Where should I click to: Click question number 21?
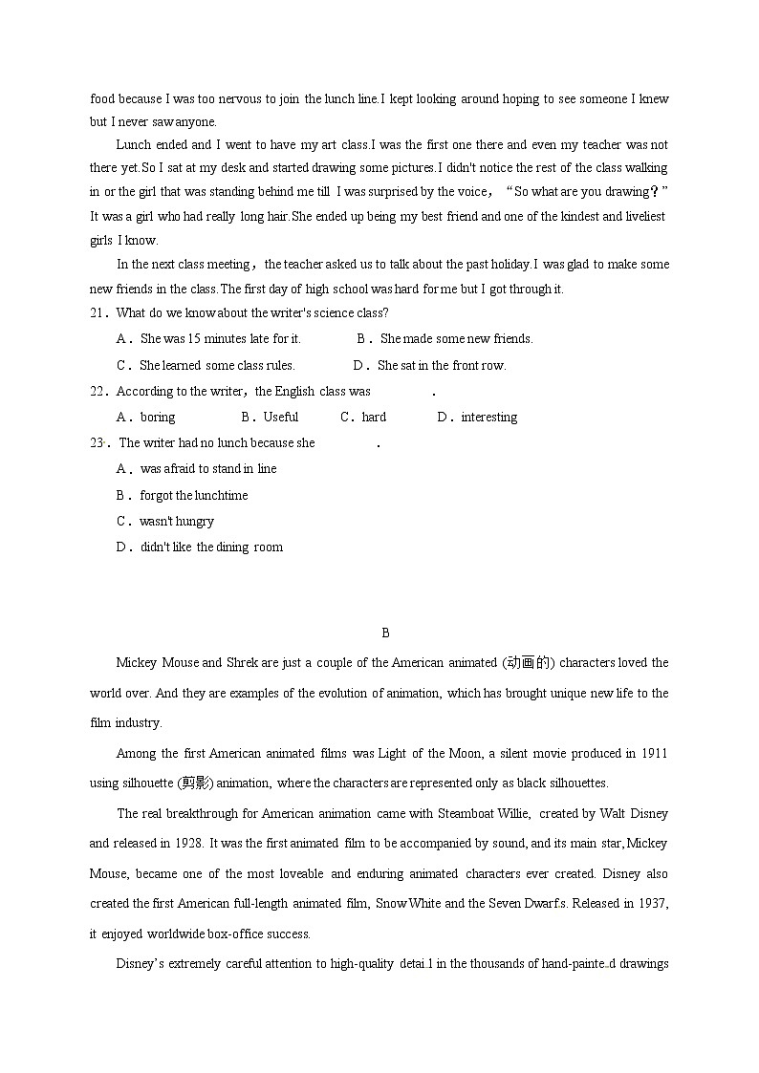(98, 312)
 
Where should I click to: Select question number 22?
(98, 391)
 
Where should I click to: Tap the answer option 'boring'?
(158, 417)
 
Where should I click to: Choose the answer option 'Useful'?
(281, 417)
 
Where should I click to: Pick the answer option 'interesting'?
(488, 417)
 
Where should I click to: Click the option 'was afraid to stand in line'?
(208, 468)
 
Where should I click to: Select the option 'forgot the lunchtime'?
(193, 495)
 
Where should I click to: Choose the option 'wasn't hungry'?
(177, 521)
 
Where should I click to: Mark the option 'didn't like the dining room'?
(211, 547)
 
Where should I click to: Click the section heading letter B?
(385, 633)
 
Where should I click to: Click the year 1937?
(653, 903)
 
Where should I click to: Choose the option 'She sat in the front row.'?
(441, 365)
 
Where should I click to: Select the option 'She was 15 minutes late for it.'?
(220, 338)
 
